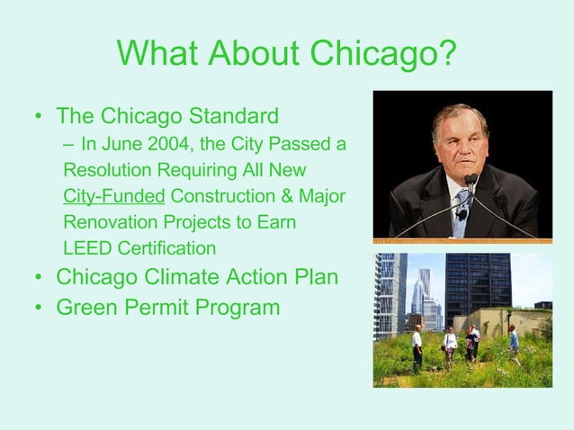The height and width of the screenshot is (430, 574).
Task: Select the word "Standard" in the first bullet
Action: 233,117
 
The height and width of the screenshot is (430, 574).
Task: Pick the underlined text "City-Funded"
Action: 113,196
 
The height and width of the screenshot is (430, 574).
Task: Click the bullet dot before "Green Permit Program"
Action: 37,309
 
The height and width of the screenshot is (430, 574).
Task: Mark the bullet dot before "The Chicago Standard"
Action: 37,118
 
